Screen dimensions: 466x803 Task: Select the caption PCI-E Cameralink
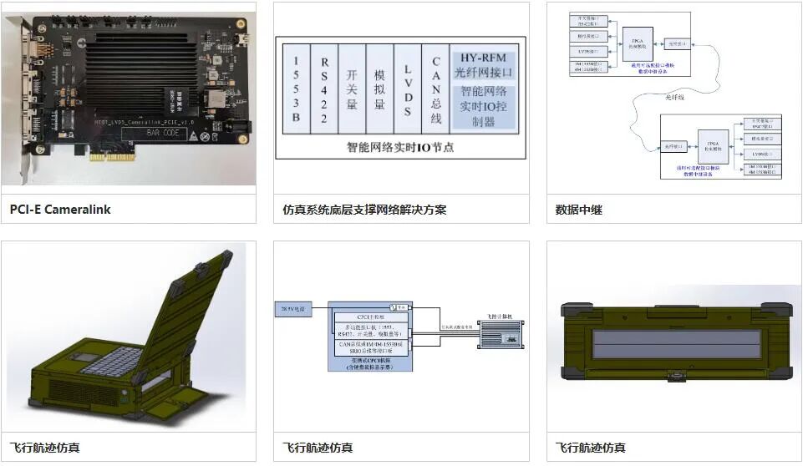click(60, 210)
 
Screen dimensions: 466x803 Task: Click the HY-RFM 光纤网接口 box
click(485, 64)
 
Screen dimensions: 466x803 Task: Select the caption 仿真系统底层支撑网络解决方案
click(364, 210)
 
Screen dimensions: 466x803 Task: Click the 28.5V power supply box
click(293, 309)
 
